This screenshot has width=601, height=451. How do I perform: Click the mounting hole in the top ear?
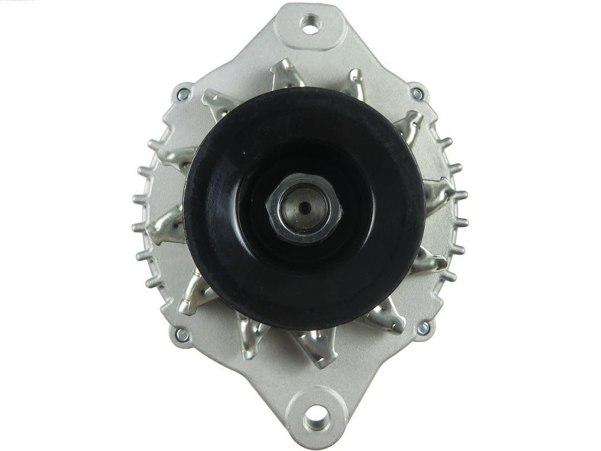pyautogui.click(x=308, y=23)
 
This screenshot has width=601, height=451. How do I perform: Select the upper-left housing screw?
pyautogui.click(x=183, y=94)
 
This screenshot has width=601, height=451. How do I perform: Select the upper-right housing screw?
pyautogui.click(x=416, y=94)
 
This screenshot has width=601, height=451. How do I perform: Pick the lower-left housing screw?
pyautogui.click(x=181, y=335)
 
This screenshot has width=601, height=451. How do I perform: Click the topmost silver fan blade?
pyautogui.click(x=287, y=75)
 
